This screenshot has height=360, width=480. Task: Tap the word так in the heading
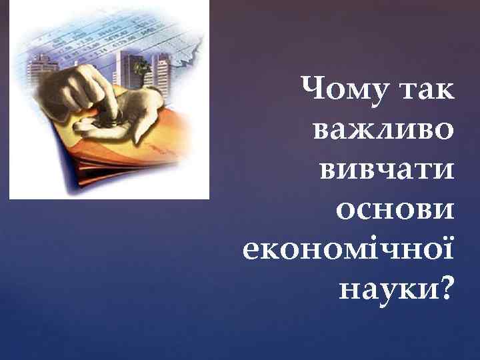tap(425, 89)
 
